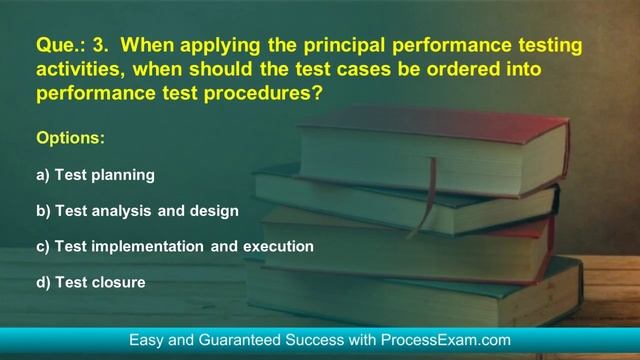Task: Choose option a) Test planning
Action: point(95,175)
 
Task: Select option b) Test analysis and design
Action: point(137,211)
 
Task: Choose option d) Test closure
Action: point(91,282)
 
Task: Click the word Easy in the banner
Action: point(147,340)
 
